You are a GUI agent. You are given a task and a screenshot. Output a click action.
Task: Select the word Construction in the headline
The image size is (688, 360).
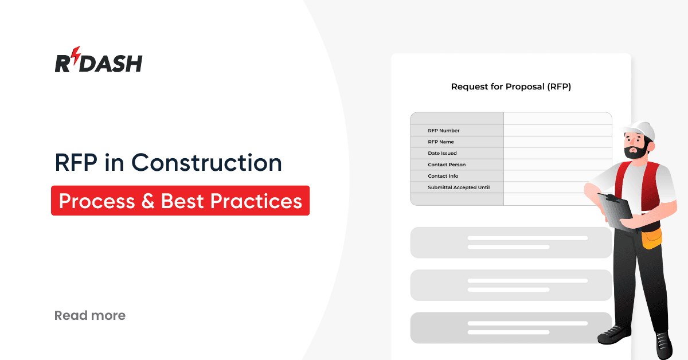(x=207, y=163)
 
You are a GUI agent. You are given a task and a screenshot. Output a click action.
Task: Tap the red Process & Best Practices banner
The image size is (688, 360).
(x=180, y=201)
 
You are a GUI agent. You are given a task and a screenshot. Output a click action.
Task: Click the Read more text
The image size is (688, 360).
(x=89, y=315)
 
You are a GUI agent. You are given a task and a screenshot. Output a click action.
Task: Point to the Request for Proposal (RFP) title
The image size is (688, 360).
(x=511, y=87)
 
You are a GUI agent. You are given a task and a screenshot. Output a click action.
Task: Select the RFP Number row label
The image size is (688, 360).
(x=443, y=131)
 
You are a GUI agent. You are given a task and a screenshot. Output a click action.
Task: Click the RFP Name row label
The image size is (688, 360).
(x=440, y=142)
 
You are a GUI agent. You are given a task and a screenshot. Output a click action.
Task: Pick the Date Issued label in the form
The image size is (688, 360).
(x=442, y=153)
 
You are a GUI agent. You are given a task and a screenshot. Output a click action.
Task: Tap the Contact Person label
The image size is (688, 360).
(x=447, y=165)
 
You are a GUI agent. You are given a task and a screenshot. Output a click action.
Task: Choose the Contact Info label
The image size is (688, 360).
(x=443, y=176)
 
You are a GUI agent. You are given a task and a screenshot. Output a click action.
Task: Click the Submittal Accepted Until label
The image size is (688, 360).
(x=458, y=187)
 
